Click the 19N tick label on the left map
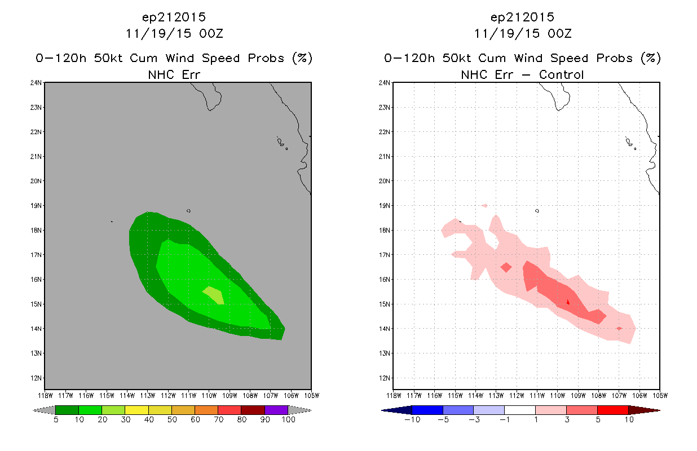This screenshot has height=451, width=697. point(36,206)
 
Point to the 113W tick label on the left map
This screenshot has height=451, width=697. point(148,396)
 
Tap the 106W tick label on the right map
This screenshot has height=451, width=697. point(639,396)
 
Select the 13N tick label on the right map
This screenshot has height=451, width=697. point(384,353)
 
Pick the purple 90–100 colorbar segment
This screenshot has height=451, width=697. point(276,410)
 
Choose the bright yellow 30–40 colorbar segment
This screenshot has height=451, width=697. point(136,410)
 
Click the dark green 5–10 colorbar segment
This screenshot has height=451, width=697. point(67,410)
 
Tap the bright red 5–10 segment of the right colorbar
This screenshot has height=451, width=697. point(612,410)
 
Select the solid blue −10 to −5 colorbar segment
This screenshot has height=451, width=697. point(427,410)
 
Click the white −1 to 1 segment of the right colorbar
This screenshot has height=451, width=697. point(520,410)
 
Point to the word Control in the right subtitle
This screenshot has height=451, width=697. point(561,74)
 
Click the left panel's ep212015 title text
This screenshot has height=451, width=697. point(174,17)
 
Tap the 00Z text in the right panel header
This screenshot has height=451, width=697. point(559,34)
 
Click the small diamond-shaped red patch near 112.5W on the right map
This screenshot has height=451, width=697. point(506,267)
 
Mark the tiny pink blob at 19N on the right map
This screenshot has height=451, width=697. point(484,206)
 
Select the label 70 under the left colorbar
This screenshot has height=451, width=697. point(218,419)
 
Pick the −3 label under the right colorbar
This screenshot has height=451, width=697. point(474,419)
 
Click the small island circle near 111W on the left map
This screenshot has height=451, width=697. point(188,211)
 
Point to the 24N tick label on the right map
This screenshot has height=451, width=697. point(384,83)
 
